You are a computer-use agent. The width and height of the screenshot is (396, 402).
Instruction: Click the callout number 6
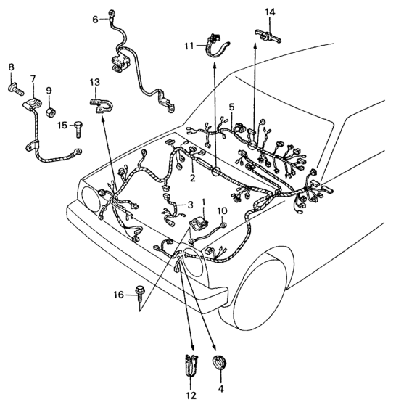[95, 20]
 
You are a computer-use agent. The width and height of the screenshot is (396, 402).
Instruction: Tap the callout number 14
[270, 12]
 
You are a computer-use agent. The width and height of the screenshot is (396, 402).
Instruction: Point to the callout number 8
[11, 67]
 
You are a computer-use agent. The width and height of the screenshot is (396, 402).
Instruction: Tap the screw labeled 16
[140, 292]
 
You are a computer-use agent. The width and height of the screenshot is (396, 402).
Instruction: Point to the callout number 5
[231, 107]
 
